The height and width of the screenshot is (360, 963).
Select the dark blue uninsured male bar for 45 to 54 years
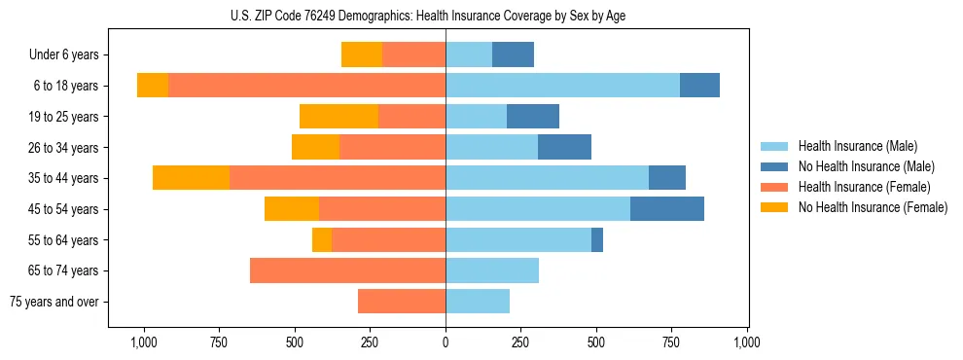(667, 208)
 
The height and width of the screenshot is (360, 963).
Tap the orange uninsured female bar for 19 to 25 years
(339, 116)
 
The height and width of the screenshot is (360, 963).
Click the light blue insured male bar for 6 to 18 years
(562, 85)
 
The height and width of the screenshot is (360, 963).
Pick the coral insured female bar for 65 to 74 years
(347, 270)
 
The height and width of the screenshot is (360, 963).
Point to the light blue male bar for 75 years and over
(478, 302)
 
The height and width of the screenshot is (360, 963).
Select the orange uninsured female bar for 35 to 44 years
(191, 178)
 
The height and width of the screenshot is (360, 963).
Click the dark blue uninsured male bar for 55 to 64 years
(597, 239)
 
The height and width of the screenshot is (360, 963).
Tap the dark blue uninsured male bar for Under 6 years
(513, 54)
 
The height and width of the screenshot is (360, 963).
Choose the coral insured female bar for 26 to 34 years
(392, 147)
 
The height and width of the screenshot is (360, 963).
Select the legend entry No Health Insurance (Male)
(866, 166)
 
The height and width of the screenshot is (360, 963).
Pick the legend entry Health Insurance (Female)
(864, 187)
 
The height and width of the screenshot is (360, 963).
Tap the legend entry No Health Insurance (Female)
(873, 207)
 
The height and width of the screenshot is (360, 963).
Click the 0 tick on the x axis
(446, 342)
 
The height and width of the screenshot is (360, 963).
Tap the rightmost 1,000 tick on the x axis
(747, 342)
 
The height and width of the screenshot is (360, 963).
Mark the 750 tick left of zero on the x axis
(220, 342)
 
